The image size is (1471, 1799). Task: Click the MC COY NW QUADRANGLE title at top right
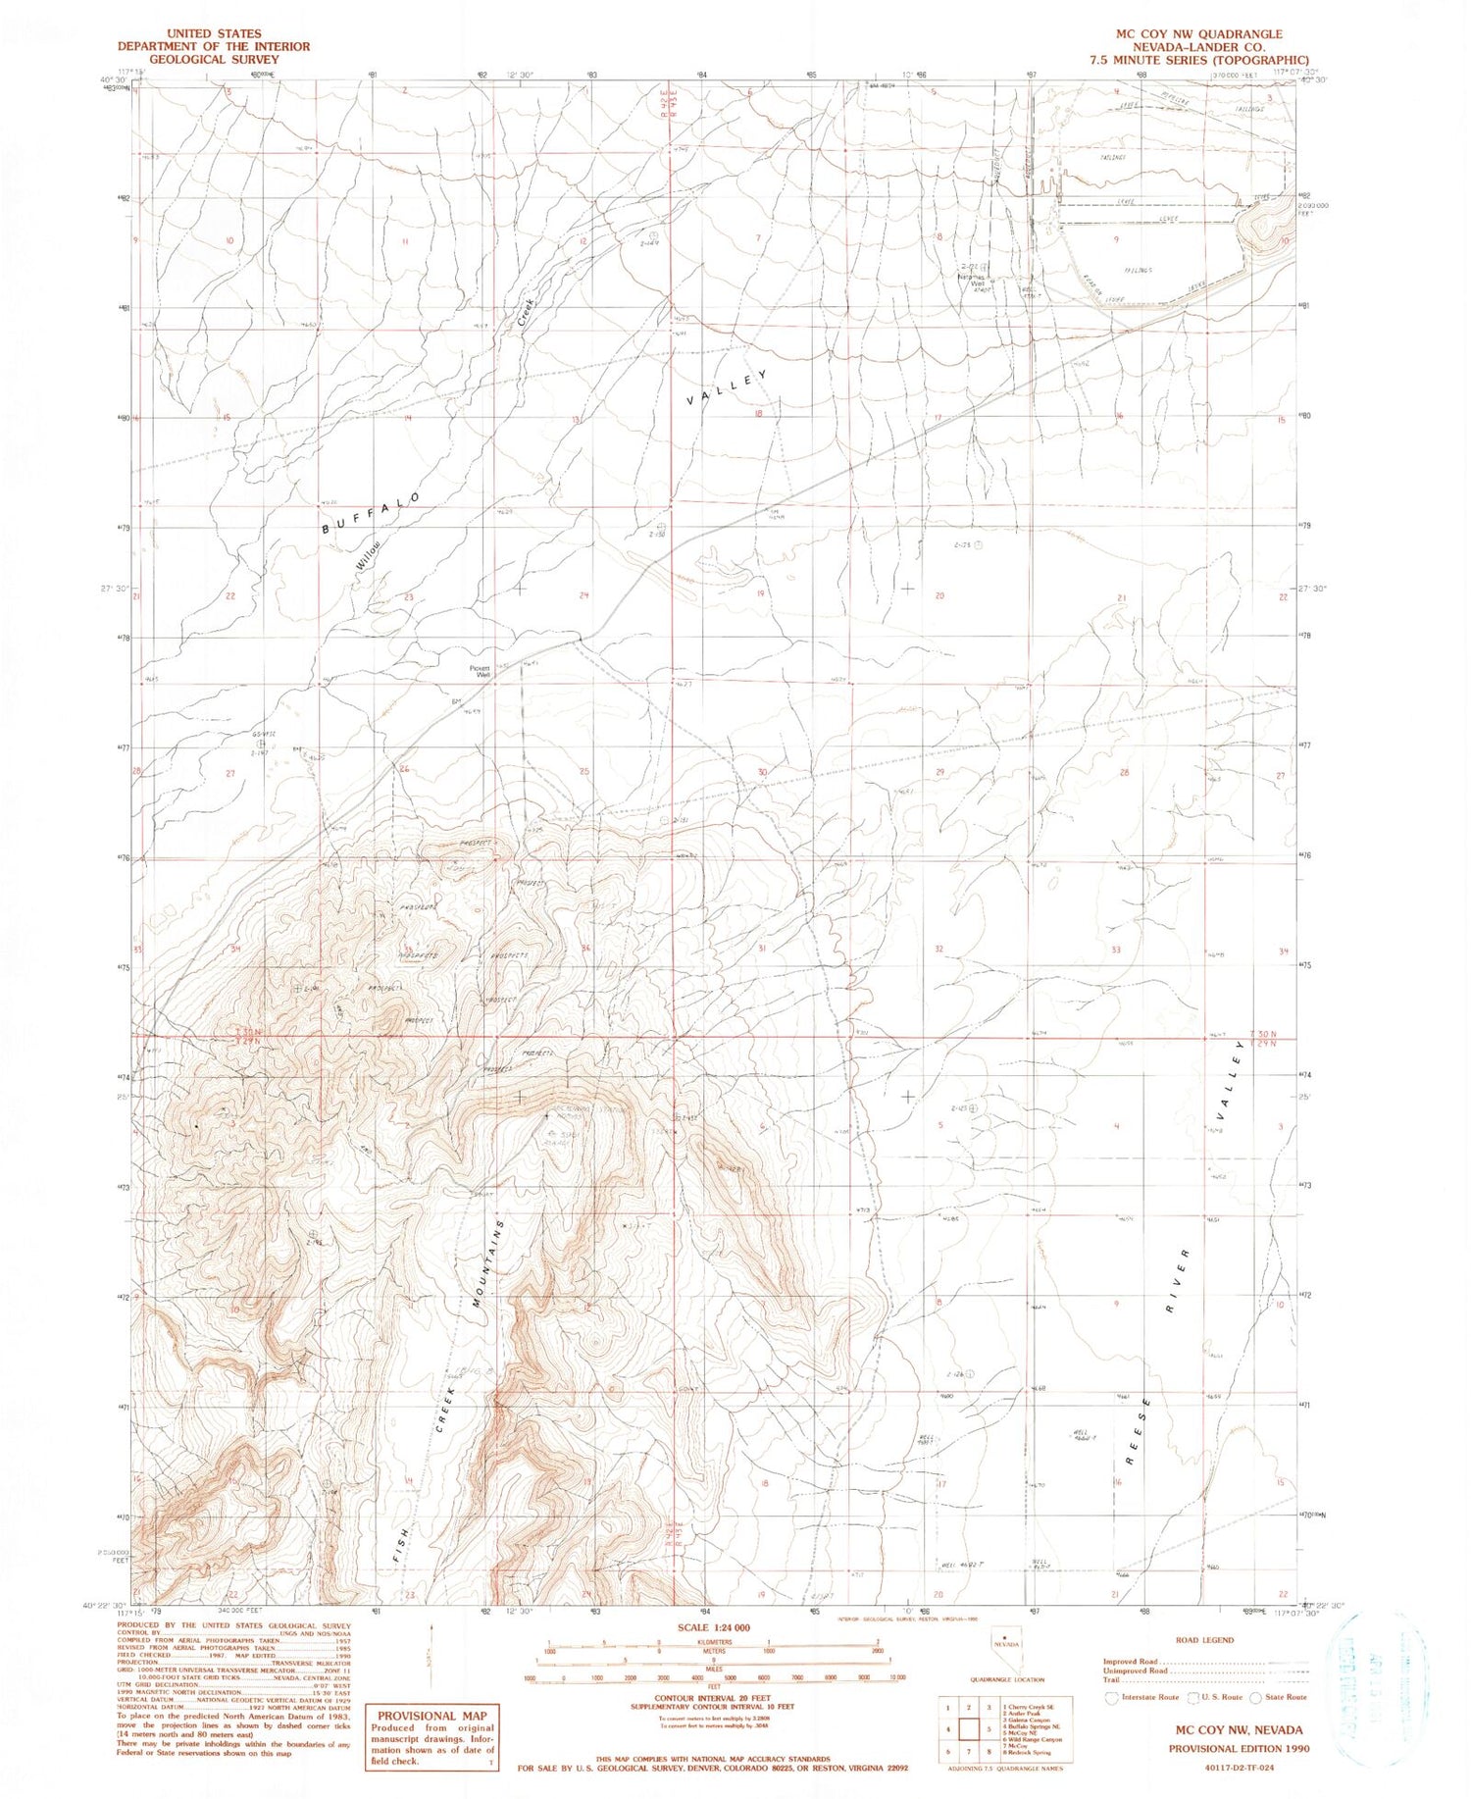(1198, 33)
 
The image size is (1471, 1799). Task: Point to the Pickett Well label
(481, 671)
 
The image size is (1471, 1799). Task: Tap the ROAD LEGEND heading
(1204, 1640)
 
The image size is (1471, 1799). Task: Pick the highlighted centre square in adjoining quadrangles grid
(969, 1728)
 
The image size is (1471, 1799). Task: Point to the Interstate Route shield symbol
(1111, 1696)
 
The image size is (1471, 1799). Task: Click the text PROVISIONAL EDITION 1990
(1238, 1748)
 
